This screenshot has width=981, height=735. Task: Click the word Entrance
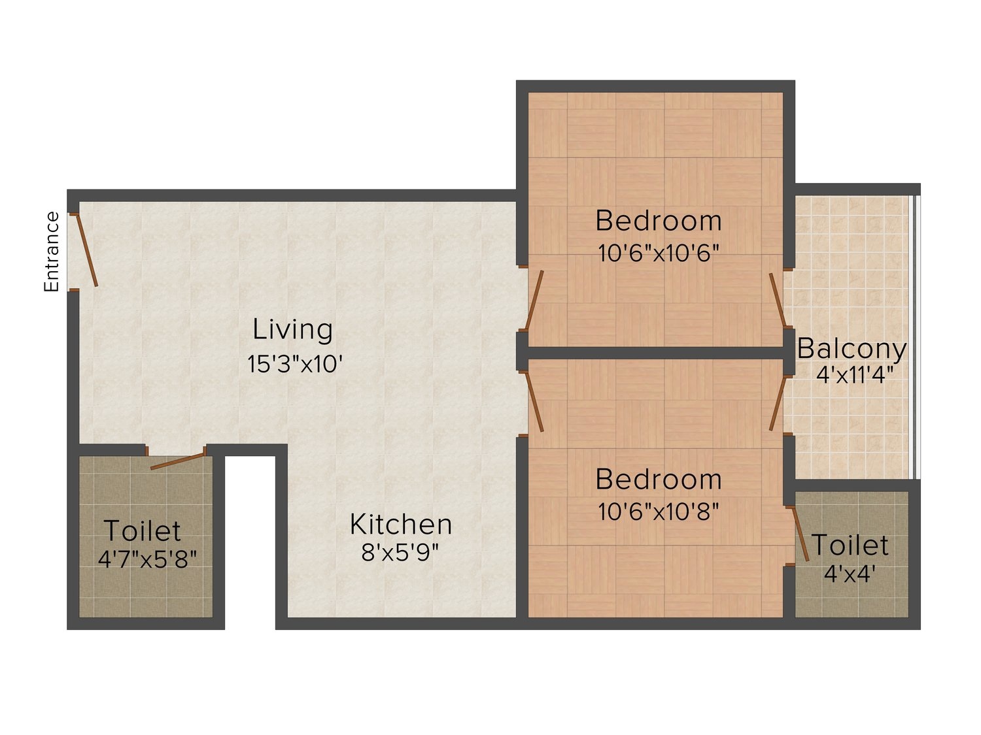(52, 252)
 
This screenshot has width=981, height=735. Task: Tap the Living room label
(293, 329)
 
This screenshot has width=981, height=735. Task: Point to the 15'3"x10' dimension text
(295, 364)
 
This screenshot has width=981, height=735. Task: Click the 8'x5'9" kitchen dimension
(400, 553)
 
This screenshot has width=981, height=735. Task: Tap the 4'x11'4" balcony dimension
(855, 375)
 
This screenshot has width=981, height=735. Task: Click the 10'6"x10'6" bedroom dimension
(659, 253)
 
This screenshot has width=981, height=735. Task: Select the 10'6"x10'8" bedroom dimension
(659, 512)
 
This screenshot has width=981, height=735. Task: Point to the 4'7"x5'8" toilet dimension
(148, 559)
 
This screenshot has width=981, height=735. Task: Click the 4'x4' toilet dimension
(849, 574)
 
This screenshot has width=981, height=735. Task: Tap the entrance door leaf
(86, 250)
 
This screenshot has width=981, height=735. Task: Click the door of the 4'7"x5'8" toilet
(178, 461)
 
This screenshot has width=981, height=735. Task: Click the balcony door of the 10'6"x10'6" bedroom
(778, 301)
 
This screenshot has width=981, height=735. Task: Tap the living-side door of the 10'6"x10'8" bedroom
(534, 402)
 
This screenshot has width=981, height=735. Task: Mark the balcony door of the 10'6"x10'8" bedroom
(778, 403)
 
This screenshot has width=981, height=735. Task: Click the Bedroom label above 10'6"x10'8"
(659, 480)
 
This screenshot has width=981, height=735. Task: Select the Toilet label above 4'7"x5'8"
(143, 530)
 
